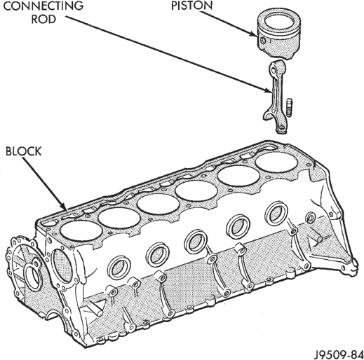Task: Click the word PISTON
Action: coord(191,6)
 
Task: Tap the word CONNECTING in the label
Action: coord(43,6)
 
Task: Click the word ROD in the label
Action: coord(43,19)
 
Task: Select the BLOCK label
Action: coord(23,151)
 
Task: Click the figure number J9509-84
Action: coord(339,354)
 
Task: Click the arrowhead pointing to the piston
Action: coord(255,34)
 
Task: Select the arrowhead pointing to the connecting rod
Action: coord(269,90)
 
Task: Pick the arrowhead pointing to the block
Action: coord(64,207)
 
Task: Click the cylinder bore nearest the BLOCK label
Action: coord(81,230)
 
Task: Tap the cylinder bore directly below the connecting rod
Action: coord(277,162)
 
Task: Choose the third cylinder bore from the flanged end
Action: coord(158,204)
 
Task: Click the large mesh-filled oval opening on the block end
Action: coord(62,265)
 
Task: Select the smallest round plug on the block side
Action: coord(311,218)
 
